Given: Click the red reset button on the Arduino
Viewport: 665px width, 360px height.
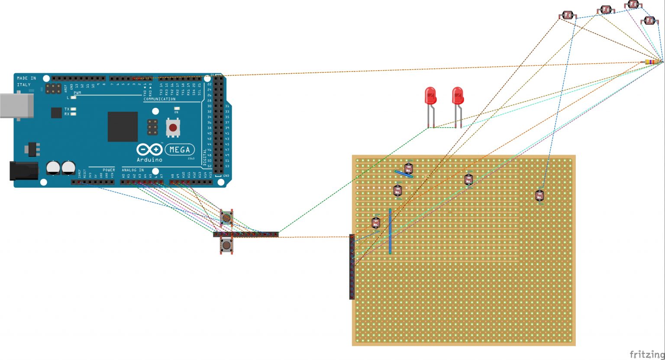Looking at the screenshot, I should pyautogui.click(x=173, y=128).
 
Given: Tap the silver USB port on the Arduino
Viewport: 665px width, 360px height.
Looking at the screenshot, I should pyautogui.click(x=16, y=106).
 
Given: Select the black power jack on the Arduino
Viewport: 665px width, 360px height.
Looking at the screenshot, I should pyautogui.click(x=23, y=171).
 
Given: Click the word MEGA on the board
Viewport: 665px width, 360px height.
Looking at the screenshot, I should pyautogui.click(x=180, y=150).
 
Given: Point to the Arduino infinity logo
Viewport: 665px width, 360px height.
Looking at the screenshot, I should pyautogui.click(x=149, y=150).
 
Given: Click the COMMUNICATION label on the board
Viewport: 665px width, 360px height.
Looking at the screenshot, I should pyautogui.click(x=160, y=99).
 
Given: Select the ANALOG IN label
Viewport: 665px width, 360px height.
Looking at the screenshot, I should pyautogui.click(x=133, y=170).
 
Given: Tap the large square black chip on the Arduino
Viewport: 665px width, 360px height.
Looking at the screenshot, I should pyautogui.click(x=123, y=126).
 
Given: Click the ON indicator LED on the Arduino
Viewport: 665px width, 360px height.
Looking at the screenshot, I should pyautogui.click(x=176, y=109).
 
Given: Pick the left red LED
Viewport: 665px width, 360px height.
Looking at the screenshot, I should pyautogui.click(x=430, y=96).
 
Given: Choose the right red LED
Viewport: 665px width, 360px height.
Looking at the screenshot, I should pyautogui.click(x=458, y=96).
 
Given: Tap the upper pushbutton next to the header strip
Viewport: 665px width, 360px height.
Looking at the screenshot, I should pyautogui.click(x=226, y=218).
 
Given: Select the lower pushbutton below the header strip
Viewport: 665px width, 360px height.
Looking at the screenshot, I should pyautogui.click(x=226, y=246).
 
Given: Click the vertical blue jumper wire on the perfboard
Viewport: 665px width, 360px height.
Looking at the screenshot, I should pyautogui.click(x=390, y=231).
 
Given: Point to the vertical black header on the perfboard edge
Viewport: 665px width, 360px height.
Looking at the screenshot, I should pyautogui.click(x=352, y=267).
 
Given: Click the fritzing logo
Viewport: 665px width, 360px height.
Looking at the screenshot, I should pyautogui.click(x=646, y=354).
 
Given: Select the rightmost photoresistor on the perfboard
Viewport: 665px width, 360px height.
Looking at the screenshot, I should pyautogui.click(x=539, y=196).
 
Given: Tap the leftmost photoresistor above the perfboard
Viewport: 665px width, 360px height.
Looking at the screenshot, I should pyautogui.click(x=568, y=16).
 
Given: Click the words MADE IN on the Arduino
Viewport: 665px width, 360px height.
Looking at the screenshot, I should pyautogui.click(x=26, y=78).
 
